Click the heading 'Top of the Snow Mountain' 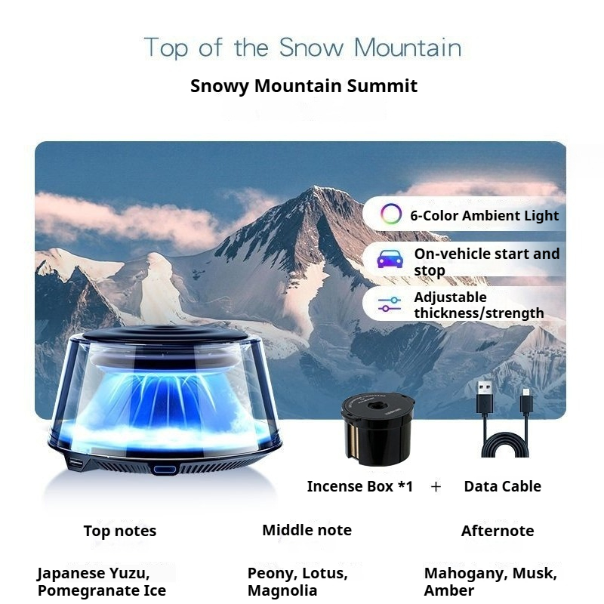tap(303, 48)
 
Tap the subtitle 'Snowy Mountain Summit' tap(304, 86)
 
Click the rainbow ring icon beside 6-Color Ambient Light tap(391, 214)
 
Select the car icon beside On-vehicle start tap(390, 259)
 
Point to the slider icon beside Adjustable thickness tap(390, 304)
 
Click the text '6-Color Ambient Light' tap(484, 216)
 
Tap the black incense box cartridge tap(377, 428)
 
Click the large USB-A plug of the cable tap(485, 397)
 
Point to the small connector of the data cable tap(526, 401)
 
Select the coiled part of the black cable tap(505, 445)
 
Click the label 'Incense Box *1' tap(360, 486)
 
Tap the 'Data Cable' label tap(502, 486)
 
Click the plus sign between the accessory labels tap(436, 487)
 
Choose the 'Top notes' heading tap(120, 532)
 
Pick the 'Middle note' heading tap(307, 531)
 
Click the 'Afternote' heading tap(498, 532)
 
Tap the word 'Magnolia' tap(282, 590)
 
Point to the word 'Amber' tap(449, 590)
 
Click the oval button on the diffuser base tap(165, 470)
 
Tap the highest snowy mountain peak tap(315, 187)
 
